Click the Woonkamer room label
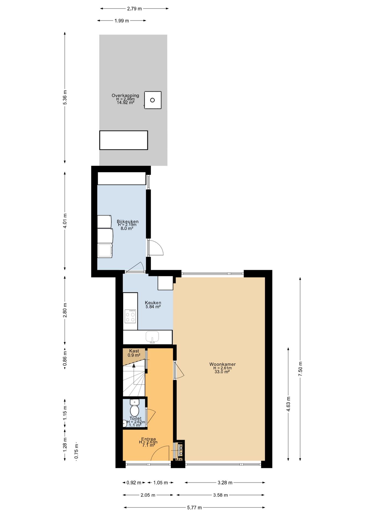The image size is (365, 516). pyautogui.click(x=222, y=364)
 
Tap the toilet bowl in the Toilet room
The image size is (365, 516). pyautogui.click(x=134, y=410)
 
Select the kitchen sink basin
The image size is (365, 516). pyautogui.click(x=152, y=336)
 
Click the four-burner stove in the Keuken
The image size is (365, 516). pyautogui.click(x=130, y=316)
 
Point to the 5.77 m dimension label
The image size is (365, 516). pyautogui.click(x=194, y=507)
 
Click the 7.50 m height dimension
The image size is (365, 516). pyautogui.click(x=300, y=369)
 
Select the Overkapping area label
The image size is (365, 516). pyautogui.click(x=125, y=95)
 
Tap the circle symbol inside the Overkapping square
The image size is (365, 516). pyautogui.click(x=152, y=100)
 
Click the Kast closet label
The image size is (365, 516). pyautogui.click(x=134, y=351)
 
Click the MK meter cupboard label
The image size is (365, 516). pyautogui.click(x=179, y=460)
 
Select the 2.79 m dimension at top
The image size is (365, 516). pyautogui.click(x=134, y=9)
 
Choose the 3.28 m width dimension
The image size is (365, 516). pyautogui.click(x=225, y=482)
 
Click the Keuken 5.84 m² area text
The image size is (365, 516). pyautogui.click(x=153, y=307)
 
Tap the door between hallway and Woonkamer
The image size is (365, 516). pyautogui.click(x=179, y=370)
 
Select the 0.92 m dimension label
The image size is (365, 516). pyautogui.click(x=134, y=482)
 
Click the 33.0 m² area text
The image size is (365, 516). pyautogui.click(x=222, y=372)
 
